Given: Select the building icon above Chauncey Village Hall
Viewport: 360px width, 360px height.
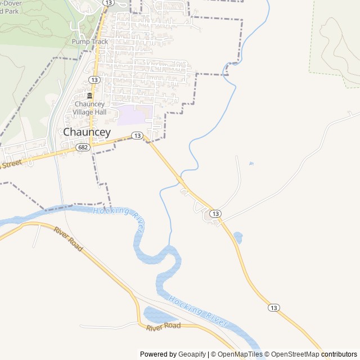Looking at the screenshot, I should tap(89, 96).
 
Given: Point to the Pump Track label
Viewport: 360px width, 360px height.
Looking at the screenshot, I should tap(89, 42).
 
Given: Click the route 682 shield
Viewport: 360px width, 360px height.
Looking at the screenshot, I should tap(84, 147).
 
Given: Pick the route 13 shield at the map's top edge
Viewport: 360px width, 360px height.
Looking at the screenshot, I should tap(108, 3).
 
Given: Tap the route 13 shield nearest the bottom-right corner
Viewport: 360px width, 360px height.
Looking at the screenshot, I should tap(273, 307).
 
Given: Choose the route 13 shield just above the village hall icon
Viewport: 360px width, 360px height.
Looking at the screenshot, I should tap(94, 80).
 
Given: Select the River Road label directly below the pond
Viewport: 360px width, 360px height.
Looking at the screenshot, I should tap(163, 326).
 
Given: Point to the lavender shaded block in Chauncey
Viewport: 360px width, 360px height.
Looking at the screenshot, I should tap(134, 115).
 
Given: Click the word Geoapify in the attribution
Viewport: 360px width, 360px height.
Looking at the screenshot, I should tap(192, 354).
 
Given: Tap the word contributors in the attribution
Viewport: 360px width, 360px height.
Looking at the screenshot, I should tap(339, 354).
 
